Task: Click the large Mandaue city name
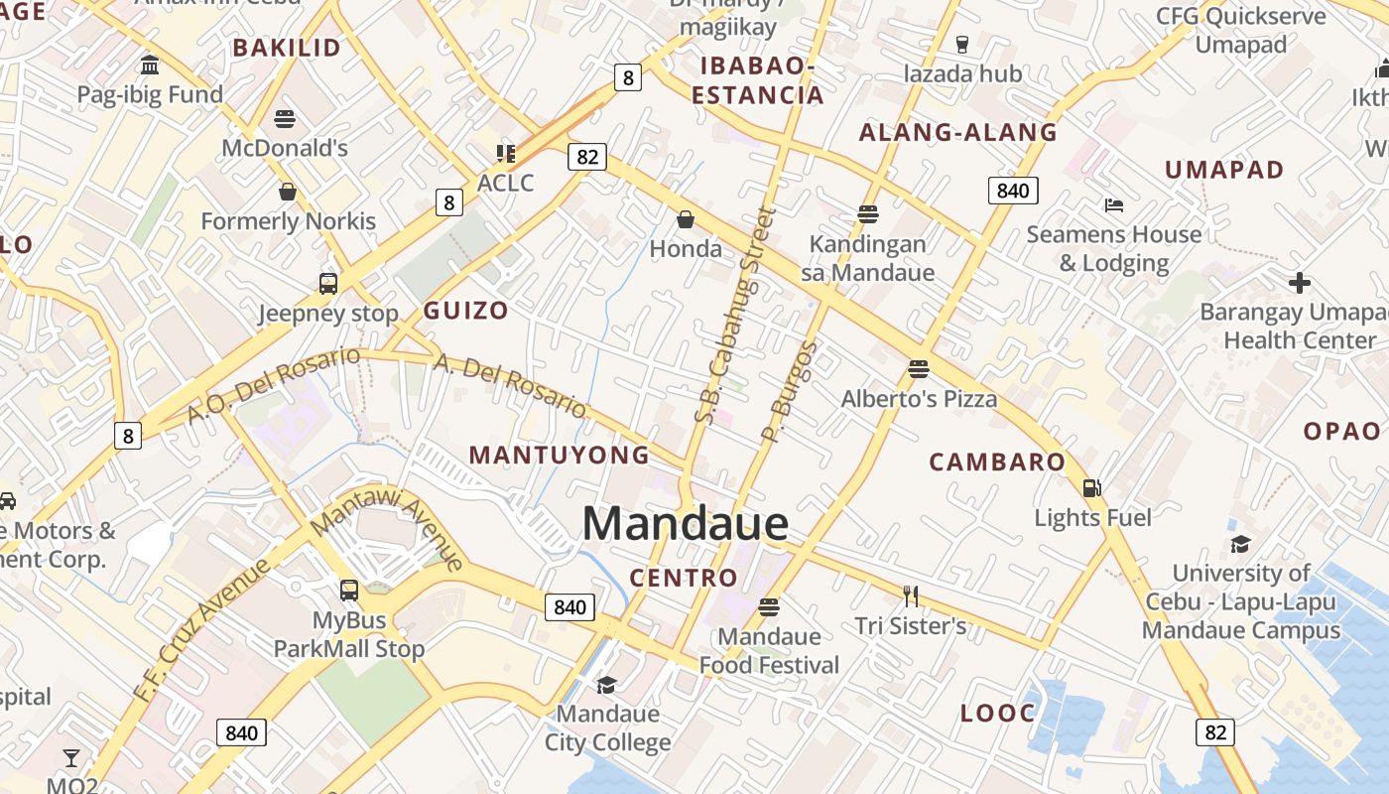click(x=685, y=524)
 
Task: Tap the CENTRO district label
click(x=684, y=578)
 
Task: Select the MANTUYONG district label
click(x=559, y=456)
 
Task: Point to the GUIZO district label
click(x=465, y=311)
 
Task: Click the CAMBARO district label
click(x=996, y=462)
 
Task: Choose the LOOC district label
click(x=997, y=713)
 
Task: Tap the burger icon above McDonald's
click(x=285, y=119)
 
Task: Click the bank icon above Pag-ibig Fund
click(x=150, y=66)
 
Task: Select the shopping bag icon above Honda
click(x=685, y=218)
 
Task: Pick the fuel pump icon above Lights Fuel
click(x=1091, y=488)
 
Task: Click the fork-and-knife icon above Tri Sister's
click(x=911, y=595)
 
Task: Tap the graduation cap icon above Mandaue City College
click(x=606, y=685)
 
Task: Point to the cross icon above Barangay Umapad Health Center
click(x=1299, y=283)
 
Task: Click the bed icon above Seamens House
click(x=1114, y=205)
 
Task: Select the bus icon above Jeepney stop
click(x=328, y=284)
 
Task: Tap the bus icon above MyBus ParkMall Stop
click(x=349, y=591)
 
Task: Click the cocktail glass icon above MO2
click(x=71, y=758)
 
